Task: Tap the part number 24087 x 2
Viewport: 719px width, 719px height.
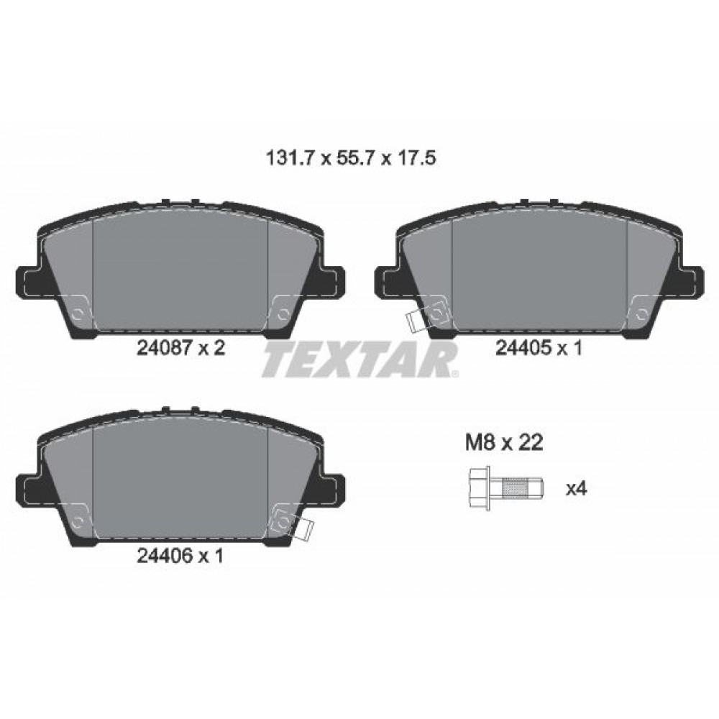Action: click(180, 349)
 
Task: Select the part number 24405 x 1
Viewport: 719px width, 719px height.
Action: click(539, 349)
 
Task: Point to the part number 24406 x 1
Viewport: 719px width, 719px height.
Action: click(180, 556)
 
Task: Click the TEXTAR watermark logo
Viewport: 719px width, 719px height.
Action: click(360, 359)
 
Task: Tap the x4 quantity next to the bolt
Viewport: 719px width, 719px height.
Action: click(577, 489)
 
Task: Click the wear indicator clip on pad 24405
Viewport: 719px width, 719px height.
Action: click(415, 322)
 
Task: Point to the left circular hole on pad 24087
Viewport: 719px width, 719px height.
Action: click(79, 313)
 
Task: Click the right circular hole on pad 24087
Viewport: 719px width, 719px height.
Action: click(282, 313)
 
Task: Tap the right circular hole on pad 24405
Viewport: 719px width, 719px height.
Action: click(640, 313)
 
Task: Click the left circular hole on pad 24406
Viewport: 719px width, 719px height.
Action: click(79, 520)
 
